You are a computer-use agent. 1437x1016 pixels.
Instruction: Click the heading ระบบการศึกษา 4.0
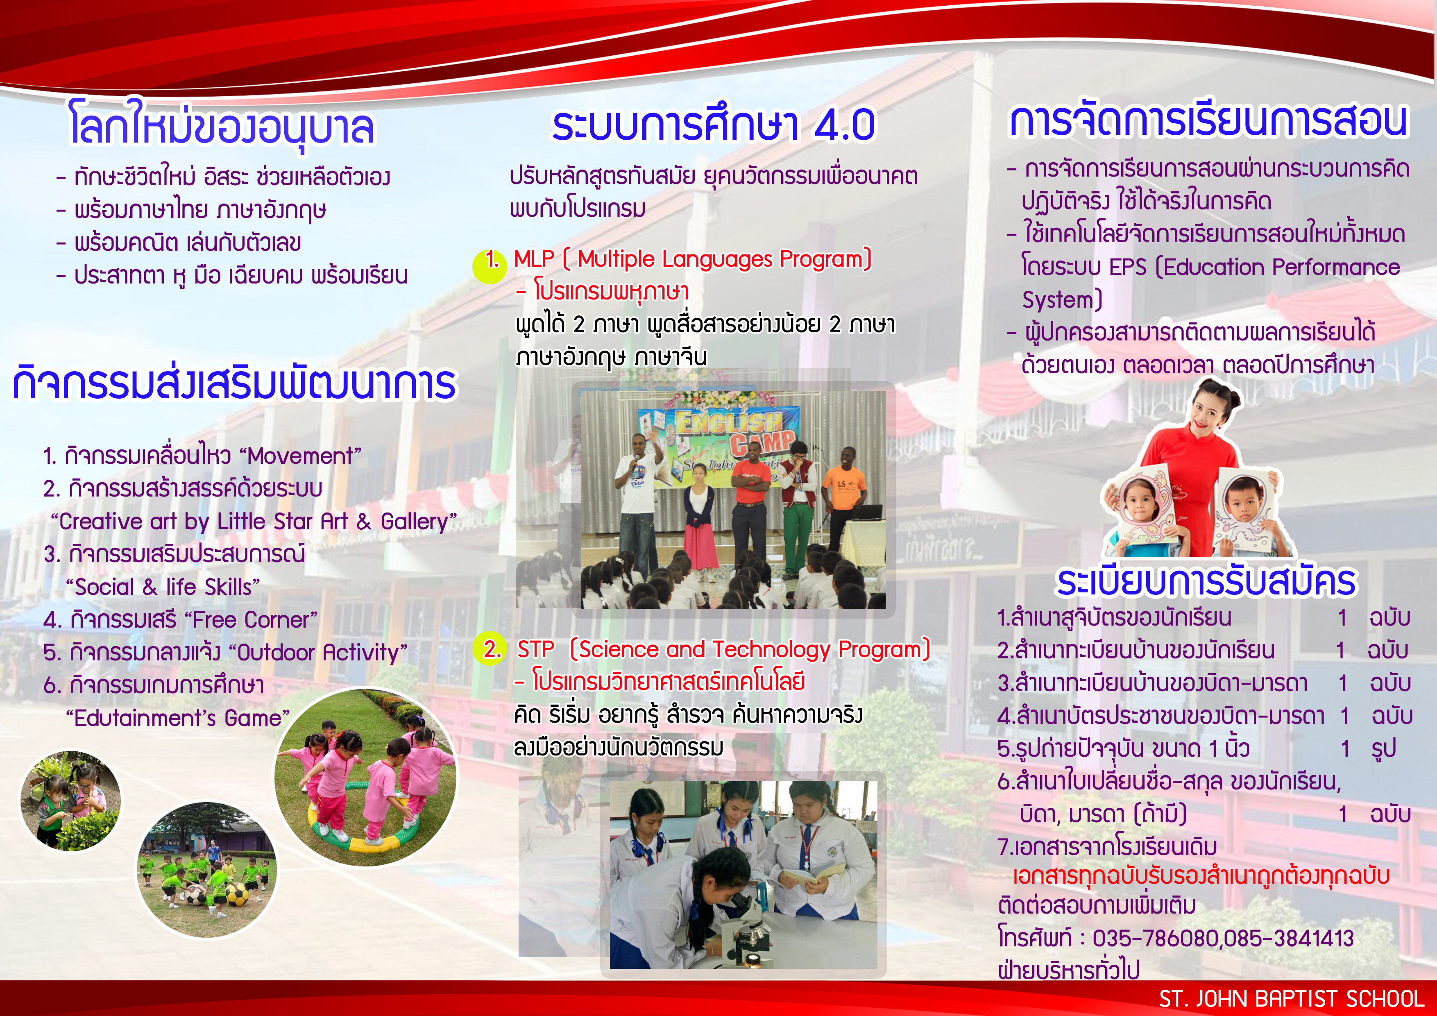tap(714, 125)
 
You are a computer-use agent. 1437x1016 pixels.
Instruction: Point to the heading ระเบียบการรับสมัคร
tap(1206, 582)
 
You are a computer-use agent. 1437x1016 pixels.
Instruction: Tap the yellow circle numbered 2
tap(490, 649)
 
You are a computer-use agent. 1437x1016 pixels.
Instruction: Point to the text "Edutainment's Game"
tap(178, 718)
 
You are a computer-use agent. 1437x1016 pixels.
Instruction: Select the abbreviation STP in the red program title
tap(536, 650)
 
